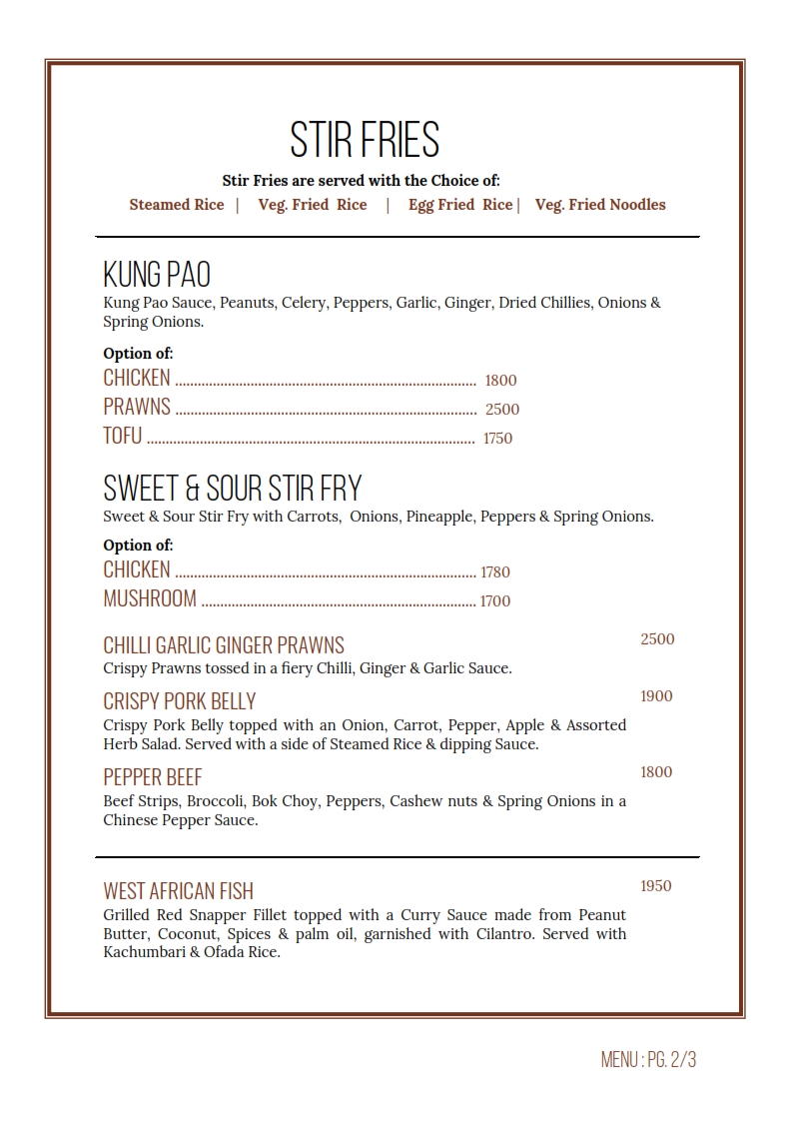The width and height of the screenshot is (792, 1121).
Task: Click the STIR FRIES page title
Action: point(365,140)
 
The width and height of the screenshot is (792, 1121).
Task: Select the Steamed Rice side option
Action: point(177,205)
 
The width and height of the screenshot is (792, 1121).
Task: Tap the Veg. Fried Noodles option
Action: point(600,205)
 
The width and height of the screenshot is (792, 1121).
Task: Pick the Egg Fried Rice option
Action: point(460,205)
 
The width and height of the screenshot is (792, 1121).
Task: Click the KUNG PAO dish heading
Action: point(157,274)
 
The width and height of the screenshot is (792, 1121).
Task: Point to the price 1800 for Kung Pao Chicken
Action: point(500,381)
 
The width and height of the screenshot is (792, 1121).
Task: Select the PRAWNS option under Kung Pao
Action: point(137,408)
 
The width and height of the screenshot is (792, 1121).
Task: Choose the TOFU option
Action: point(123,437)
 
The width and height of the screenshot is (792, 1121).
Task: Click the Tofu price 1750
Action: point(497,439)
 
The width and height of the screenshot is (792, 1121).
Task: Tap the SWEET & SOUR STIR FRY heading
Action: point(233,489)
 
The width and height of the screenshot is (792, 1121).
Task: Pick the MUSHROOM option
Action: point(150,599)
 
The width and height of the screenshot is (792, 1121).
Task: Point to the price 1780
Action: point(495,572)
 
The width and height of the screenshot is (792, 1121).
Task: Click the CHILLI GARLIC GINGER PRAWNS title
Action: point(224,645)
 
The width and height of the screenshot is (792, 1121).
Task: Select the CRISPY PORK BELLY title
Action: point(180,701)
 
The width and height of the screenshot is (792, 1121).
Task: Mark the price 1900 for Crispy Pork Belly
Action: point(656,696)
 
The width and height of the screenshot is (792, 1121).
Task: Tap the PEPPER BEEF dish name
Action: point(153,777)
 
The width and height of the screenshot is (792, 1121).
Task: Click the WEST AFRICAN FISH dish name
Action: point(179,891)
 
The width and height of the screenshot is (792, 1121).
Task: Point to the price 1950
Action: point(656,886)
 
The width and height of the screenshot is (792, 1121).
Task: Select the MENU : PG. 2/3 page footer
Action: point(648,1060)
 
